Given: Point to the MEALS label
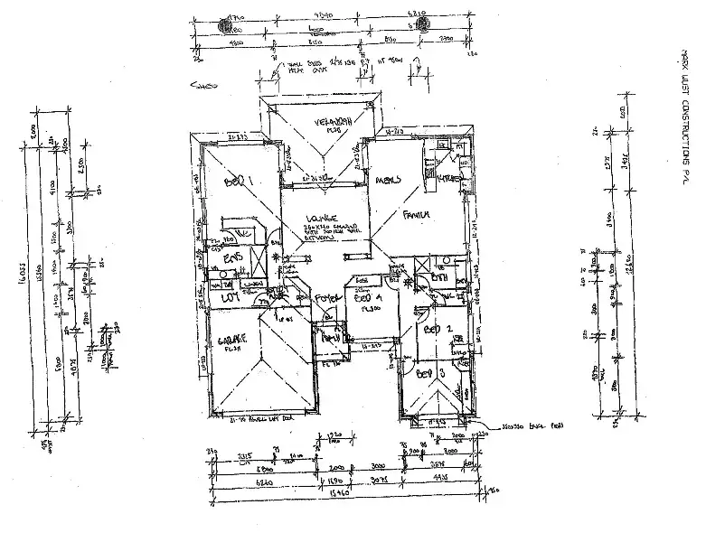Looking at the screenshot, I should (389, 180).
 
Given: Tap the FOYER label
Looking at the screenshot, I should (326, 297).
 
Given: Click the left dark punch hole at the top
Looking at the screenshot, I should (223, 27).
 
